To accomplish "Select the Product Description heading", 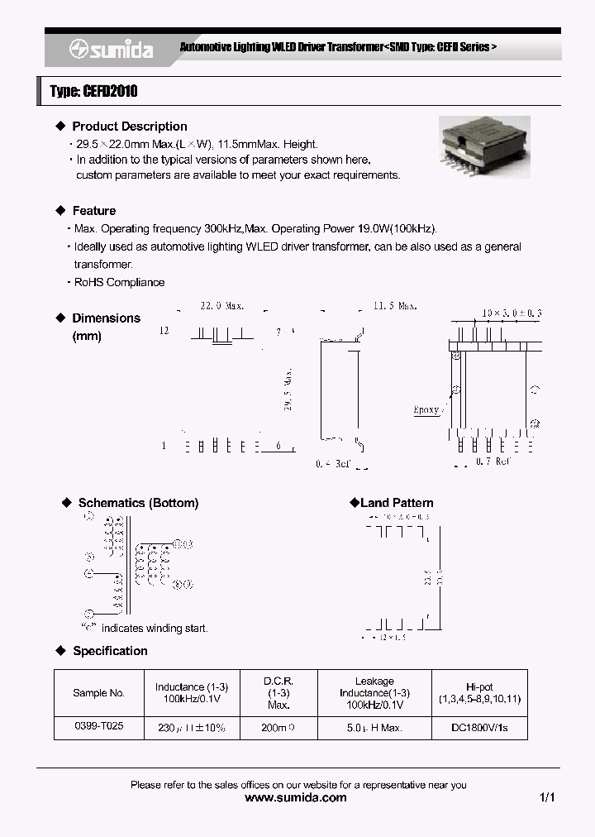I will click(x=129, y=127).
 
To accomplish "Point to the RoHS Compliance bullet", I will click(x=119, y=282).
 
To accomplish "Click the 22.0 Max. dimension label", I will click(x=222, y=305).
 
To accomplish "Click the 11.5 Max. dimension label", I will click(x=396, y=305).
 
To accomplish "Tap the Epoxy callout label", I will click(x=426, y=410).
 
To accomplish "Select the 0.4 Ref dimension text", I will click(x=335, y=464).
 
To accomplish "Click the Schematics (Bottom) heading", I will click(x=138, y=503).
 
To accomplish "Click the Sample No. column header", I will click(x=98, y=693).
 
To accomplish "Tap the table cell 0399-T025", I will click(x=98, y=726).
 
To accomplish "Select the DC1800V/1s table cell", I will click(x=479, y=726).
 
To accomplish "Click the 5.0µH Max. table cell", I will click(x=374, y=726).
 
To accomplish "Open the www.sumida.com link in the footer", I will click(x=297, y=798).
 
